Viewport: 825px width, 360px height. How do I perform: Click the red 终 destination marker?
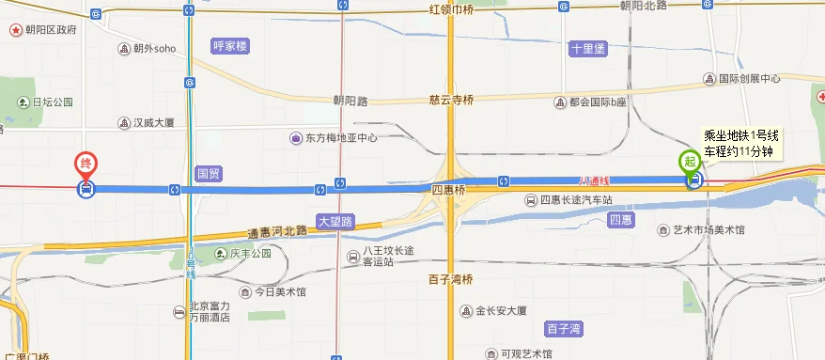[x=86, y=164]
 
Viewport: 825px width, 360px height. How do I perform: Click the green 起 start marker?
[x=692, y=160]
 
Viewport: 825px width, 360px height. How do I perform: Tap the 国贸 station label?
[x=208, y=173]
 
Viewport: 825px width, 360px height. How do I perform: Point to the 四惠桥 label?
[x=448, y=190]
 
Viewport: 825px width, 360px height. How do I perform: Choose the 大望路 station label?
[x=335, y=223]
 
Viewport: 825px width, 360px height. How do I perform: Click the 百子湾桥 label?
[x=449, y=279]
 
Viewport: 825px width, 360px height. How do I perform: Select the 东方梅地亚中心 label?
[x=334, y=138]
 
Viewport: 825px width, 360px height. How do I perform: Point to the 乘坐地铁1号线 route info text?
[x=741, y=134]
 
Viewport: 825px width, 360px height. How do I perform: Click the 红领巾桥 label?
[x=451, y=9]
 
